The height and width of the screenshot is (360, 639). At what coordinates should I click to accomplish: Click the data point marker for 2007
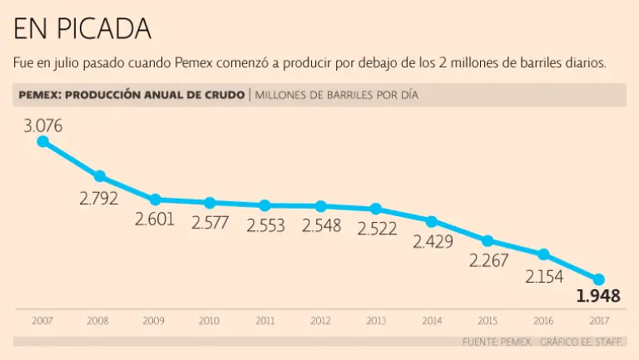(x=43, y=141)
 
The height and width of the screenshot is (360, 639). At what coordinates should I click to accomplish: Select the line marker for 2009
(x=155, y=200)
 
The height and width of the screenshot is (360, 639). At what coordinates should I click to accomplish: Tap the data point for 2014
(x=432, y=221)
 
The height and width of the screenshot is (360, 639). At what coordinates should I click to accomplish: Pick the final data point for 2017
(x=598, y=279)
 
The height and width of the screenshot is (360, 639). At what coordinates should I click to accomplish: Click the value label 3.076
(x=43, y=126)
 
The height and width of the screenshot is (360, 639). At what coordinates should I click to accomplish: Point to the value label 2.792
(x=99, y=198)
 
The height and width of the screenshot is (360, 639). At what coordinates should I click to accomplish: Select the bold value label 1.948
(x=598, y=296)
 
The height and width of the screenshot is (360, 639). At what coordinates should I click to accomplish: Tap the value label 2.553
(x=265, y=224)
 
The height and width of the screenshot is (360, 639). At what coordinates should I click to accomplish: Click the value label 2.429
(x=432, y=242)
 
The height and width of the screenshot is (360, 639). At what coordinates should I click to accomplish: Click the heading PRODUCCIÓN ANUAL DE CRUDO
(x=154, y=95)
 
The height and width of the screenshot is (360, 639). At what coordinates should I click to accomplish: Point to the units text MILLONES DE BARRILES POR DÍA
(x=336, y=95)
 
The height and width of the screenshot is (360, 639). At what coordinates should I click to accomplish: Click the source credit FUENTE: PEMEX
(x=498, y=342)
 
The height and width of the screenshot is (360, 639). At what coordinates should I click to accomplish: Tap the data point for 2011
(x=265, y=205)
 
